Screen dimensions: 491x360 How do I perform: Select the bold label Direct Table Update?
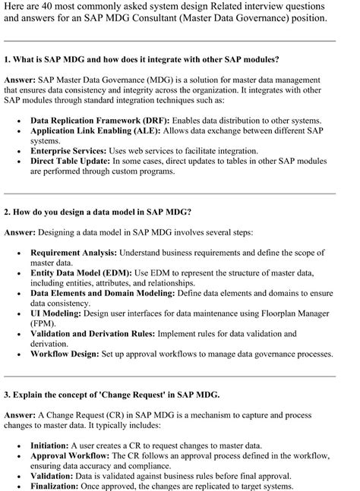[70, 162]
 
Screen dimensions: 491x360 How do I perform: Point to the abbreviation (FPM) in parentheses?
[44, 323]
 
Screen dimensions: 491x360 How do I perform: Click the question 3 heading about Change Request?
[112, 395]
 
